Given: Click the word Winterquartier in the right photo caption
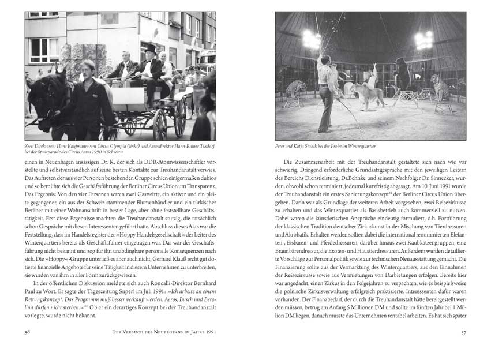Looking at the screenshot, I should (x=360, y=147).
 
